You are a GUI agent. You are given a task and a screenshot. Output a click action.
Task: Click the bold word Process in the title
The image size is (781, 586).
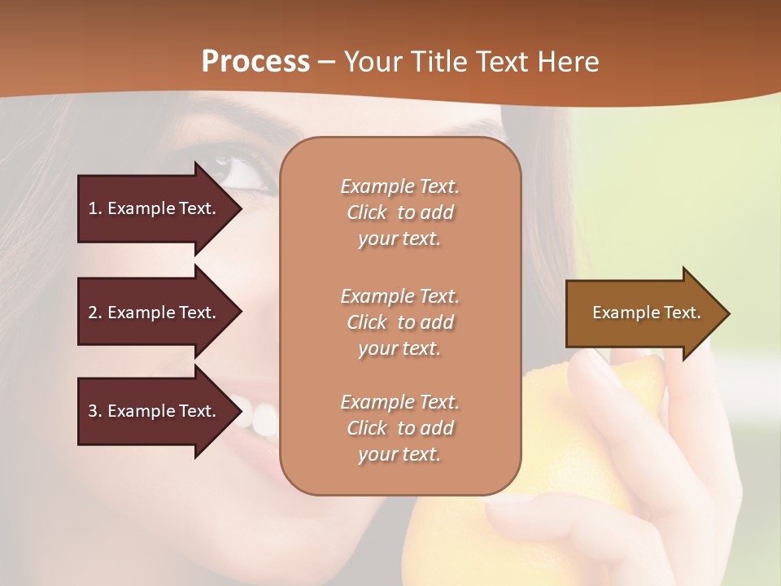coord(255,62)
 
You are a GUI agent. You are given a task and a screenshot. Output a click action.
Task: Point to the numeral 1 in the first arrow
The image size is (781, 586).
coord(93,208)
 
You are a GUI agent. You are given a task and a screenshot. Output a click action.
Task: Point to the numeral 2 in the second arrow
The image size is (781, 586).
coord(93,313)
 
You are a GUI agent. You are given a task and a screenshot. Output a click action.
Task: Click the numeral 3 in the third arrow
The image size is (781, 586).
coord(93,411)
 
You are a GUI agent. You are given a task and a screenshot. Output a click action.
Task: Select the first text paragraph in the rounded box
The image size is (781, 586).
coord(399,212)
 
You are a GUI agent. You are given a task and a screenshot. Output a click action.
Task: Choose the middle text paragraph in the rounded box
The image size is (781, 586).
coord(399,322)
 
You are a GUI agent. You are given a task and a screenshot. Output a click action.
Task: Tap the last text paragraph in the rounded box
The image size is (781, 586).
coord(399,428)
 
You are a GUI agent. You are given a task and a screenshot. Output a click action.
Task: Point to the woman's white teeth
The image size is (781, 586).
coord(259,417)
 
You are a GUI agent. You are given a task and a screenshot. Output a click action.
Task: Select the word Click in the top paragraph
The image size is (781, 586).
coord(367,212)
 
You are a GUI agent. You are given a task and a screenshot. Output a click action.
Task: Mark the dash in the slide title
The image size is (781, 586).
coord(327,63)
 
